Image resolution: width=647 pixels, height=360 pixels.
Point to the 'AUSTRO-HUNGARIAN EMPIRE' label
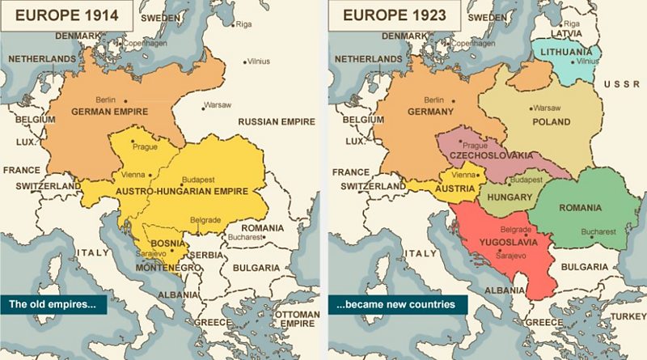pos(182,191)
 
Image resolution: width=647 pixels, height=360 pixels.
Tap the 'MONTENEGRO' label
pos(167,267)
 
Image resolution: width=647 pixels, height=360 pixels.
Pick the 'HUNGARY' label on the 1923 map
pos(510,197)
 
